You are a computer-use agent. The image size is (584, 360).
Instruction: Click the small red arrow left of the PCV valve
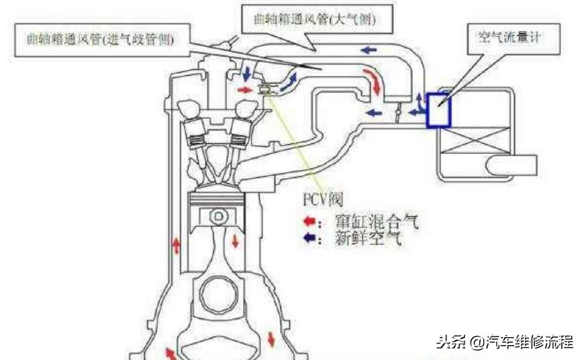pyautogui.click(x=246, y=89)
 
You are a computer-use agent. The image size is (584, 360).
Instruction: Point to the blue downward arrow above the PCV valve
pyautogui.click(x=247, y=72)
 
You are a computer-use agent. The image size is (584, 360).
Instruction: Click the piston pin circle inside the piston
pyautogui.click(x=217, y=217)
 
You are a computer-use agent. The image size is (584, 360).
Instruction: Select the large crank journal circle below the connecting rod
pyautogui.click(x=217, y=298)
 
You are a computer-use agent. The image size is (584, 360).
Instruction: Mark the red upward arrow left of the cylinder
pyautogui.click(x=177, y=244)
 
